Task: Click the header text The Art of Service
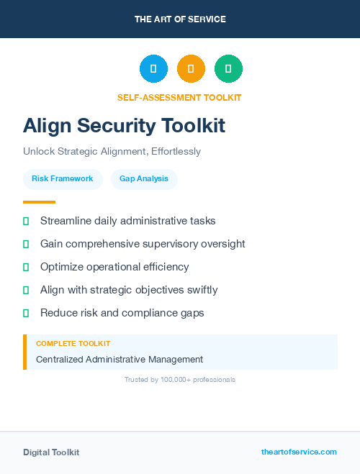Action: [180, 19]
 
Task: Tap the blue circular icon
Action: [153, 69]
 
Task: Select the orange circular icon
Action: [191, 69]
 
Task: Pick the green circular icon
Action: [228, 69]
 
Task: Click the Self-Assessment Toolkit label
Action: [179, 97]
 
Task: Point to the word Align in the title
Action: [47, 126]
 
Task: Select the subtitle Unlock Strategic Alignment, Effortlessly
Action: [112, 152]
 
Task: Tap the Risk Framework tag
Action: [63, 178]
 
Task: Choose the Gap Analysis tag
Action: [144, 178]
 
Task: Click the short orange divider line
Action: [39, 202]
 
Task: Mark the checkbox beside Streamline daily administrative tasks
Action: [26, 221]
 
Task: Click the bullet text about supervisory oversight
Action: [143, 244]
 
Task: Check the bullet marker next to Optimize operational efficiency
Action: [26, 267]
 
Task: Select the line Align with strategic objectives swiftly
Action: [129, 290]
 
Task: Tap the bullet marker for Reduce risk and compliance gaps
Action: [26, 313]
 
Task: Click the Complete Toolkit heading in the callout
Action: [73, 344]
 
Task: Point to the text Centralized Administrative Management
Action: [120, 359]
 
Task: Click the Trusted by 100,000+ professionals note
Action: [180, 379]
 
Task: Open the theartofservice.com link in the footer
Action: [299, 452]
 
